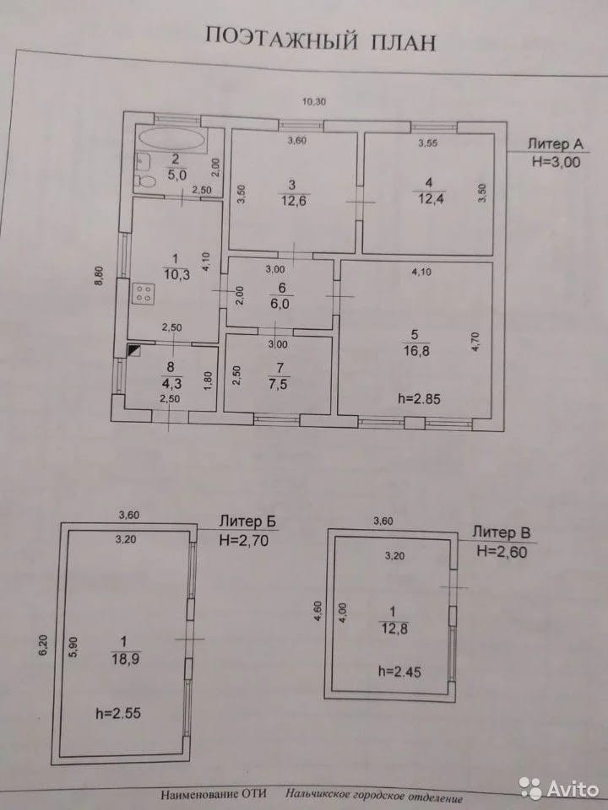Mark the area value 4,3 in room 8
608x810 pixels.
[x=172, y=381]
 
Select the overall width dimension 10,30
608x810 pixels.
[x=313, y=101]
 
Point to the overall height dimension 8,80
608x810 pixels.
[x=98, y=278]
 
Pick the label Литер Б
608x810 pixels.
[x=247, y=521]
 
